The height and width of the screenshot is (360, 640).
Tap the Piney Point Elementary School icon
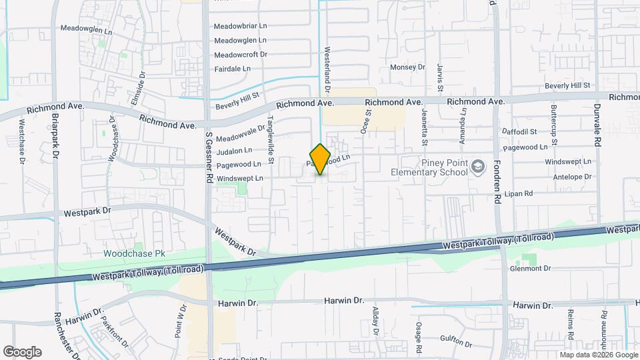click(x=478, y=165)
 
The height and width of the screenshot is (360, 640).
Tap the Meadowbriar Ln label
click(x=240, y=27)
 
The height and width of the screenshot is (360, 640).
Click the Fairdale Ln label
click(x=233, y=69)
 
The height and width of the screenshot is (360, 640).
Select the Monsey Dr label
click(x=407, y=67)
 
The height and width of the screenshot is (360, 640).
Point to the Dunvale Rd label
click(x=597, y=125)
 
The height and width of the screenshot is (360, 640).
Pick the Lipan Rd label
click(x=519, y=194)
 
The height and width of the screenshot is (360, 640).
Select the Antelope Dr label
click(x=572, y=177)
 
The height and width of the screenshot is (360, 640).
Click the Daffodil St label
click(x=519, y=132)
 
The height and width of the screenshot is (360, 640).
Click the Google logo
click(x=22, y=351)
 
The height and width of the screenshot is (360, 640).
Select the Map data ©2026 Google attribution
click(x=598, y=355)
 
